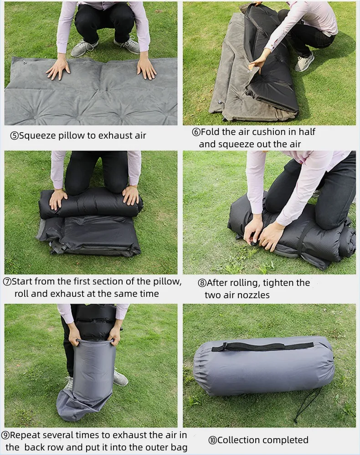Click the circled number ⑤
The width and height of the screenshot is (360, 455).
(x=14, y=135)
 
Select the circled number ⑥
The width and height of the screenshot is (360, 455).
(x=196, y=132)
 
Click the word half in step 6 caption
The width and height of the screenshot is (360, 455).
(x=306, y=132)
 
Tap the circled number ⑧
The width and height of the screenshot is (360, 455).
(x=202, y=283)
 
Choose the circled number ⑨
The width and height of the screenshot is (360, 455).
(x=5, y=435)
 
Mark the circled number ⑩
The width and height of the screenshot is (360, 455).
(x=212, y=440)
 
